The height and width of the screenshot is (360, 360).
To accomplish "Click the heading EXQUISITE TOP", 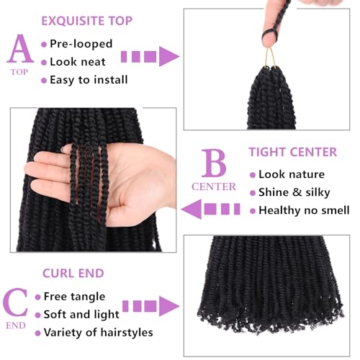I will (x=86, y=20).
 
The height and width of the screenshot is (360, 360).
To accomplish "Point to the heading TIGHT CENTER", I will (x=292, y=152).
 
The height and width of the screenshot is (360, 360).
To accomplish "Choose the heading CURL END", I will (x=73, y=273).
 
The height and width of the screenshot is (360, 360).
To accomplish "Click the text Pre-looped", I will (x=81, y=44).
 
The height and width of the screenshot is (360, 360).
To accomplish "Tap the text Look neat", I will (x=78, y=62).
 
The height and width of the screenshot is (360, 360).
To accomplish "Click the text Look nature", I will (x=292, y=175).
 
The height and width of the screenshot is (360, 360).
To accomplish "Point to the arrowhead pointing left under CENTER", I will (x=190, y=210).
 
